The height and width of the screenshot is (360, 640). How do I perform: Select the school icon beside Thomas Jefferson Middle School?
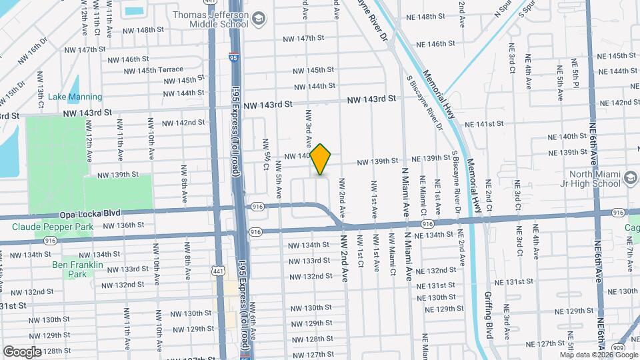(x=259, y=20)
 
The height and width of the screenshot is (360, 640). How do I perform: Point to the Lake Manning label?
(x=75, y=97)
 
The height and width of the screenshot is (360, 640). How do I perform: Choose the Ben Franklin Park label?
(x=78, y=269)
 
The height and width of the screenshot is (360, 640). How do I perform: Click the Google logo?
(x=22, y=351)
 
